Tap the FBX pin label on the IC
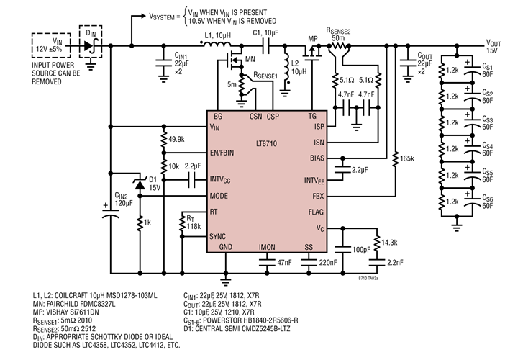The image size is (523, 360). [x=317, y=195]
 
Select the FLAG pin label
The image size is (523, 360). [x=315, y=212]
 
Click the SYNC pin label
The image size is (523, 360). [x=218, y=236]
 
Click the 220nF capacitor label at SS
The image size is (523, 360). [x=327, y=263]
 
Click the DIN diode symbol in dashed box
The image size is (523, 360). [x=89, y=44]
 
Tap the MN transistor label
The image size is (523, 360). [x=250, y=59]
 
